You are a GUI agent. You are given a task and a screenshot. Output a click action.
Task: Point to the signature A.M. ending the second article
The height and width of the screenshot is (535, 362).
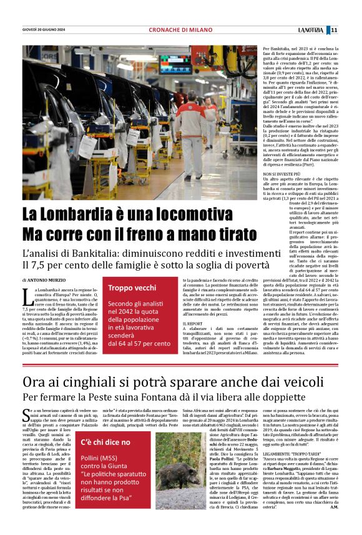[x=334, y=524]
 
